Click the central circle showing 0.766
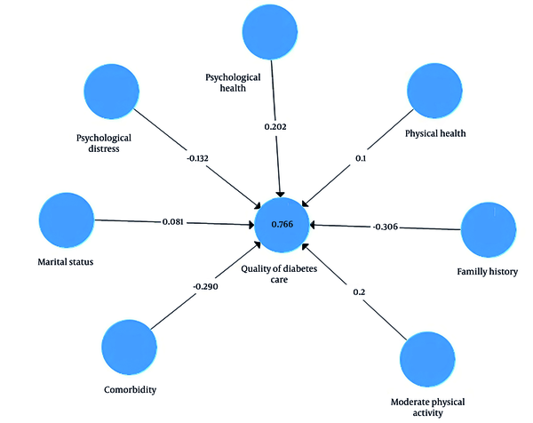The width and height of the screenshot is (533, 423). coord(282,225)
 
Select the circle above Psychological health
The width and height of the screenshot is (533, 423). coord(270,32)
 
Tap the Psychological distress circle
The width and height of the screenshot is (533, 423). coord(112,92)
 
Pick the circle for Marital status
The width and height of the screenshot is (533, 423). coord(67,220)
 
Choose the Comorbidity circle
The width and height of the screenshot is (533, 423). coord(129,347)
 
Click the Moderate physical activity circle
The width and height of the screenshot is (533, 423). coord(427,359)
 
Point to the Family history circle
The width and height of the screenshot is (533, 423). coord(489,230)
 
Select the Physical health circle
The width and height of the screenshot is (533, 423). coord(434,91)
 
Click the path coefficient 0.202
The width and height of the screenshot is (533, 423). coord(275,127)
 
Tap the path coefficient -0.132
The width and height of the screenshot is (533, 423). coord(197,158)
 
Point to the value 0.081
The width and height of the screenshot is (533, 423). coord(173,222)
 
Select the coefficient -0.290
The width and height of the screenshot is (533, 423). coord(206,287)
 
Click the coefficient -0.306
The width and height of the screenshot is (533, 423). coord(386,227)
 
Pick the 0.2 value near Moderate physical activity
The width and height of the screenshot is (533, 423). coord(359,292)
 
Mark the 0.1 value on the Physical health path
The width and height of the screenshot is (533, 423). coord(361,158)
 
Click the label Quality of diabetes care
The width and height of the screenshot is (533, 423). coord(279,274)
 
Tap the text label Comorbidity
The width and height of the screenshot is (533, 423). coord(131,390)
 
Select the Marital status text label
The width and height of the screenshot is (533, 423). coord(66,262)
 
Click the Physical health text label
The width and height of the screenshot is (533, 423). coord(435,133)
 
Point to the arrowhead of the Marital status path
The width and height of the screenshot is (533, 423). coord(252,225)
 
